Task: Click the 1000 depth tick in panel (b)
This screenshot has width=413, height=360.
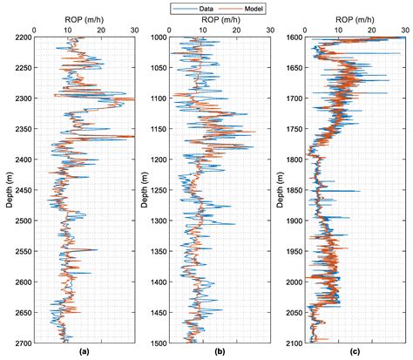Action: (158, 37)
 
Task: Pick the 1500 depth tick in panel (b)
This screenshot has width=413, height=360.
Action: (158, 343)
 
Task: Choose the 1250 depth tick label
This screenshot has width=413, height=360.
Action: (158, 190)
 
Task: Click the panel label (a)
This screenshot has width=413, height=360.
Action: (83, 353)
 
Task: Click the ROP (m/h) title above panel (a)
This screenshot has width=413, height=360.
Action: (84, 19)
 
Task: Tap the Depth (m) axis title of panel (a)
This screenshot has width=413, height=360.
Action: (6, 190)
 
